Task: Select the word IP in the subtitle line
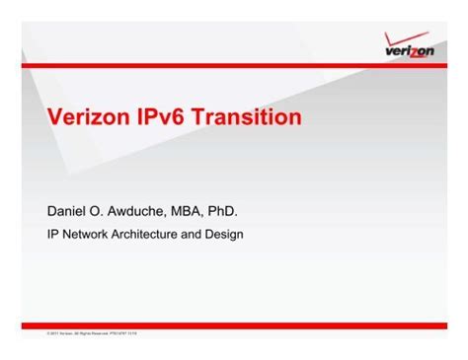(x=54, y=235)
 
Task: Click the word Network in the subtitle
(x=86, y=235)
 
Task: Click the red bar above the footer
(x=234, y=325)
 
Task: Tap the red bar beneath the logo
(x=234, y=65)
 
